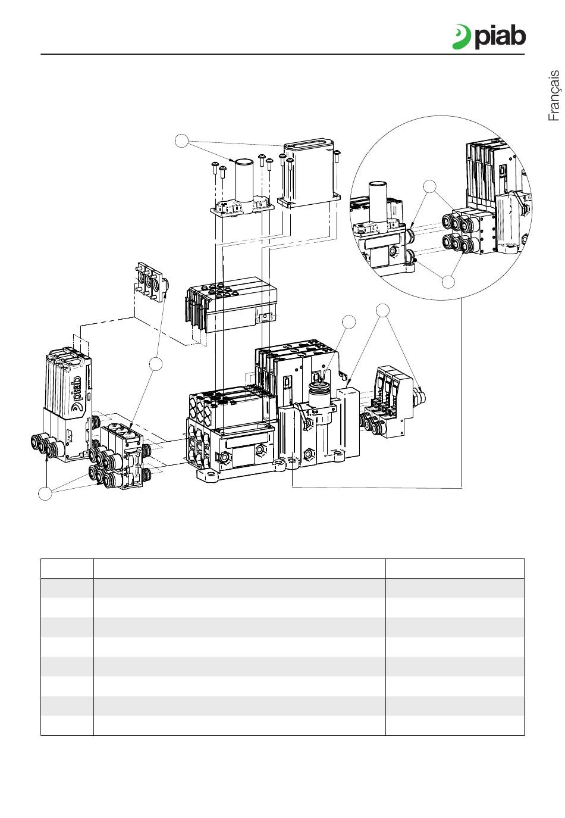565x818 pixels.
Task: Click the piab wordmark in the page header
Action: pyautogui.click(x=500, y=38)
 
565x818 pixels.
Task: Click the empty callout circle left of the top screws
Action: pyautogui.click(x=183, y=141)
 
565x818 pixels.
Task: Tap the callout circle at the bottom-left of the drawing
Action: pyautogui.click(x=45, y=494)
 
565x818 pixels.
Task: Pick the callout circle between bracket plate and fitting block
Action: pyautogui.click(x=156, y=364)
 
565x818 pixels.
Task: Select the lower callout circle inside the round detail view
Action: pyautogui.click(x=450, y=281)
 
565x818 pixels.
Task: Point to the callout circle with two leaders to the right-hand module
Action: pyautogui.click(x=384, y=310)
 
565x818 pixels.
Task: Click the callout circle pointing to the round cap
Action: pyautogui.click(x=350, y=321)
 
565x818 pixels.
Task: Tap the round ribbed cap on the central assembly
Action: pyautogui.click(x=319, y=395)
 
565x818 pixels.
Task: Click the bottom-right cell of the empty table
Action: pyautogui.click(x=455, y=725)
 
